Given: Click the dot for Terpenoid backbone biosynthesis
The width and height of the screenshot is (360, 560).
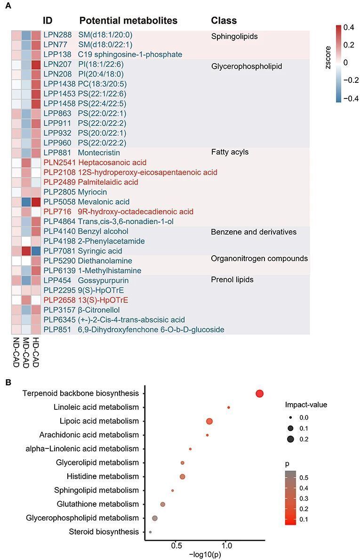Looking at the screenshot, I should coord(259,394).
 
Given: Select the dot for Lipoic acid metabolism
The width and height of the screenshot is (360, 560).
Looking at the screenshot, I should coord(209,421).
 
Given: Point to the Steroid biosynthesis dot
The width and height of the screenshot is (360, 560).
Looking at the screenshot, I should coord(150,532).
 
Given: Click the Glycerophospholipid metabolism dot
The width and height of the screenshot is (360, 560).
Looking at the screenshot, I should coord(155,518).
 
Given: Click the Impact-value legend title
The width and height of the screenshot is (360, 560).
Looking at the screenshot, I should coord(306,405).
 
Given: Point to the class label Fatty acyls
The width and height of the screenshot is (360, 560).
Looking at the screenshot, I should coord(230,152).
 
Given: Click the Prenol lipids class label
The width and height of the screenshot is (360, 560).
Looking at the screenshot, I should coord(232,280).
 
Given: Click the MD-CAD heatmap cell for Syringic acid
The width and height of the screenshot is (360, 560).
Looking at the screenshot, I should coord(26,251).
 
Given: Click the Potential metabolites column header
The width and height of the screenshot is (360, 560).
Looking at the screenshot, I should coord(128,21).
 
